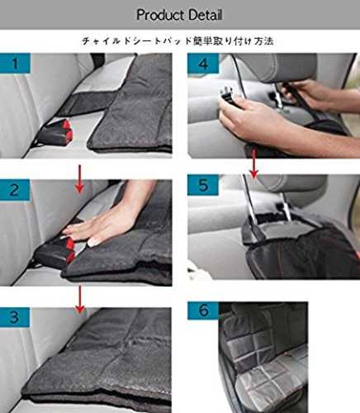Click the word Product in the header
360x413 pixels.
point(160,15)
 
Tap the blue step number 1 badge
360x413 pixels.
point(15,63)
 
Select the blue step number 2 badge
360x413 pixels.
point(15,190)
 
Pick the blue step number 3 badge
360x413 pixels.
point(15,317)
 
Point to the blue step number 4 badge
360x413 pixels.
point(203,64)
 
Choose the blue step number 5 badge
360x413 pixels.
point(203,185)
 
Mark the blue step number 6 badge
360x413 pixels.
point(203,311)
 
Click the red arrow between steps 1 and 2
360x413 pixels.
point(79,178)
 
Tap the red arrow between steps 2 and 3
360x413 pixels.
point(80,299)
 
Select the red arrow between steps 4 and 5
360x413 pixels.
point(253,164)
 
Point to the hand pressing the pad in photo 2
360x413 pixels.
point(107,221)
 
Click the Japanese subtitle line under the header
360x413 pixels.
point(178,41)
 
